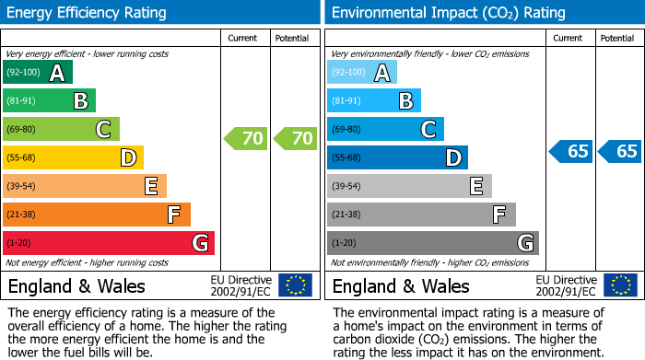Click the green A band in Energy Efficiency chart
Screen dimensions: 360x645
37,73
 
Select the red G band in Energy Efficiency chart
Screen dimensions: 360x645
108,243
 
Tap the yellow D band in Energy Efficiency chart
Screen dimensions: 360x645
73,157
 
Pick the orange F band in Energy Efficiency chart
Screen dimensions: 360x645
97,215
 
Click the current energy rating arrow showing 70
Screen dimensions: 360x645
246,139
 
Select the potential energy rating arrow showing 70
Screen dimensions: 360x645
296,139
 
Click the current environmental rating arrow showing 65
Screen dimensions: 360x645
570,151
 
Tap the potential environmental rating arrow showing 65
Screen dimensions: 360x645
619,151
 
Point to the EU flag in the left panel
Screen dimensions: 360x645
295,285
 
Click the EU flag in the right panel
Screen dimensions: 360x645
619,285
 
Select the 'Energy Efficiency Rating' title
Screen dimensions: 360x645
88,13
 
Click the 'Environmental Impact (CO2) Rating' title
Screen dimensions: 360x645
448,13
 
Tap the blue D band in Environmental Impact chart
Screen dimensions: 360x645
397,157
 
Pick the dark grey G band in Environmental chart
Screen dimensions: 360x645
432,243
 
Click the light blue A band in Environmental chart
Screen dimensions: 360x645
361,73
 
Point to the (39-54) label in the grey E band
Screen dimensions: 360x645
347,187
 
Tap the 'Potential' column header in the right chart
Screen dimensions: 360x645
617,38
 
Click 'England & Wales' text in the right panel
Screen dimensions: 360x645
401,285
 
